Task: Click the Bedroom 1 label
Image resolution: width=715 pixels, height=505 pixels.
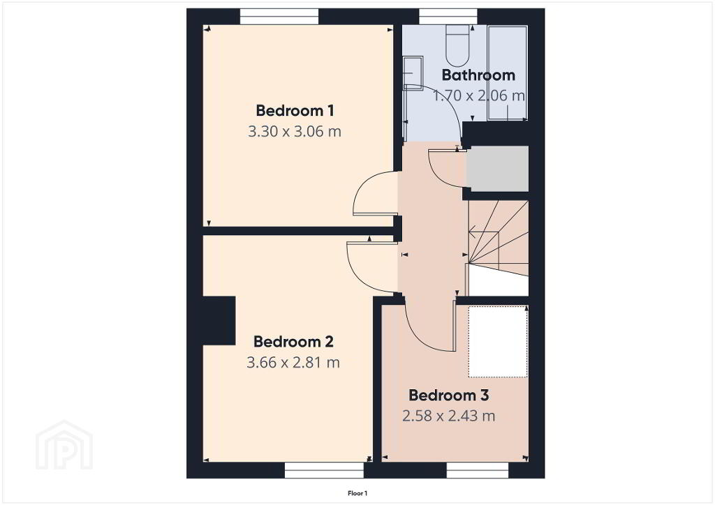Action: (x=295, y=111)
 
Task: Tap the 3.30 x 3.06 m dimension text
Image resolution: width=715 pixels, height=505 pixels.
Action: (x=295, y=132)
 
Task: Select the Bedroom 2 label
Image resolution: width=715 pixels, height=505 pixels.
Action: (x=294, y=342)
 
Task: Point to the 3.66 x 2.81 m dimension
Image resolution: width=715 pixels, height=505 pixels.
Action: (x=293, y=363)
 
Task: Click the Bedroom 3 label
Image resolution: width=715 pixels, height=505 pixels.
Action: (x=449, y=395)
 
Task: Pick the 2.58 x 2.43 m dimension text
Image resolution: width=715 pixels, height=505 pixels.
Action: (x=449, y=416)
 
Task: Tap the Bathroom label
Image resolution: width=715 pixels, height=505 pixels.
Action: (x=478, y=75)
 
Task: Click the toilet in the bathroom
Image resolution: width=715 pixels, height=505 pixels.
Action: (x=457, y=46)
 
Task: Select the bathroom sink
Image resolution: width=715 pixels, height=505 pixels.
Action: (x=413, y=71)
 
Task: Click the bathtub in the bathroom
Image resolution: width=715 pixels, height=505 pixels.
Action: (x=508, y=73)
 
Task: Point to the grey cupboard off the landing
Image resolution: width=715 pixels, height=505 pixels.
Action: (x=498, y=169)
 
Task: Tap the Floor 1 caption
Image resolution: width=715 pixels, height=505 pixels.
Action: (x=357, y=493)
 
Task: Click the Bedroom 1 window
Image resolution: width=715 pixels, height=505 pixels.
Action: (x=279, y=17)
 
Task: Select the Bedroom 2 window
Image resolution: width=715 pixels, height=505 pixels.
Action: (x=324, y=470)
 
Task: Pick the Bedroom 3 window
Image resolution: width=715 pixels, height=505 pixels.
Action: (x=478, y=470)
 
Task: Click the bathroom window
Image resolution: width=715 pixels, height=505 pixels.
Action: (x=448, y=17)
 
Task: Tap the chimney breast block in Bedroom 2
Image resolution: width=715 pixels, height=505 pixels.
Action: (x=219, y=321)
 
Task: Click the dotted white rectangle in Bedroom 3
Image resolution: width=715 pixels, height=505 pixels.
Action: (x=498, y=342)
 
